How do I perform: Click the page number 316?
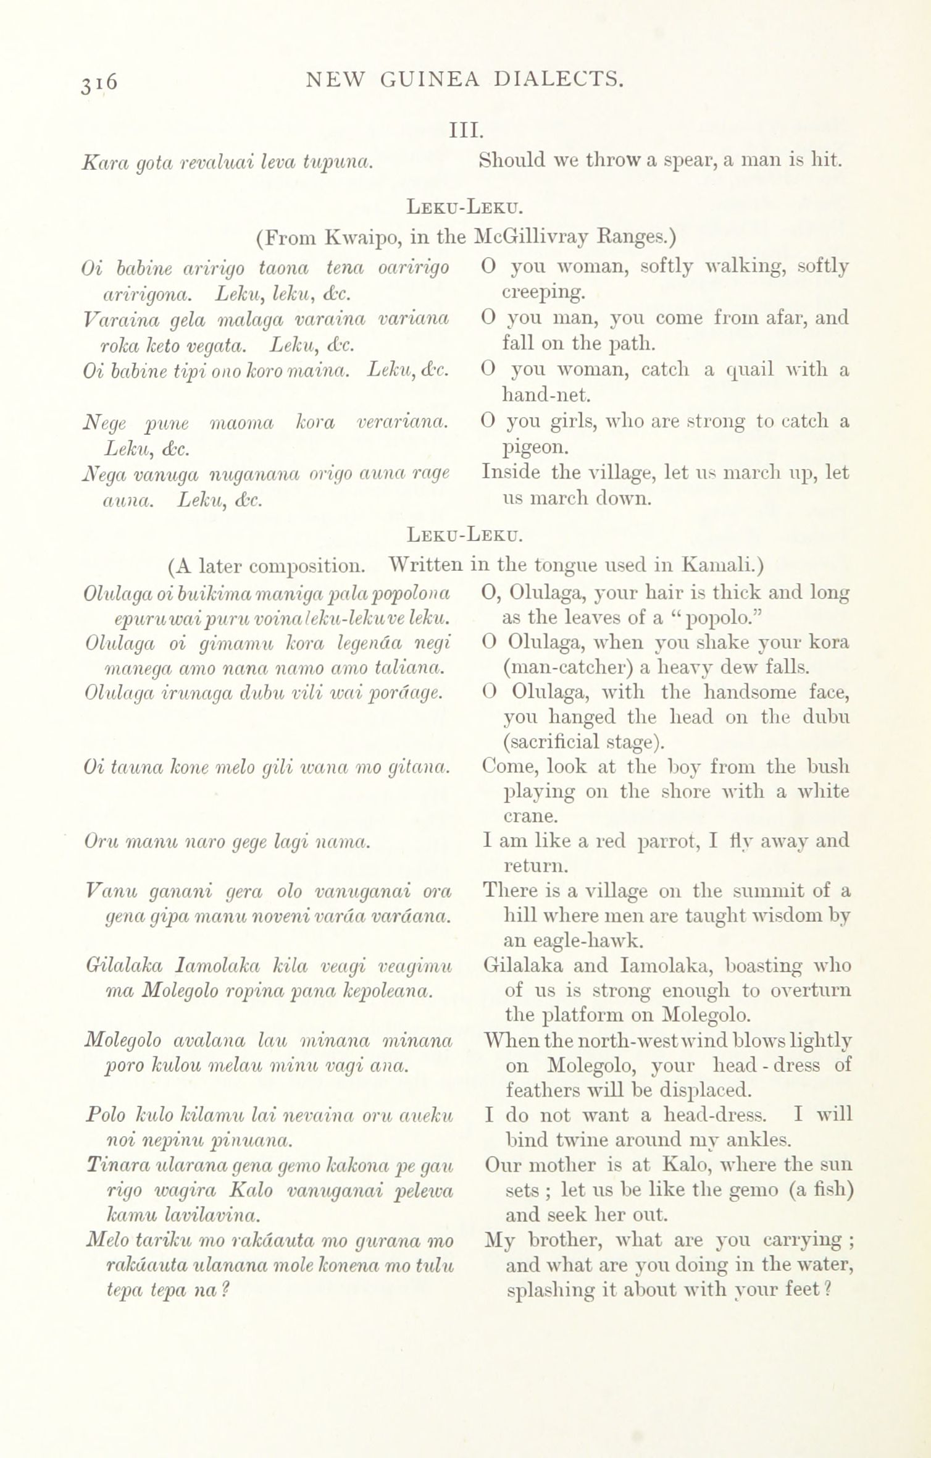click(99, 83)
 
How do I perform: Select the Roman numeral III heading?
click(465, 130)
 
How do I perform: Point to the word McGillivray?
click(536, 237)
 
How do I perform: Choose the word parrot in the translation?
click(669, 841)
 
